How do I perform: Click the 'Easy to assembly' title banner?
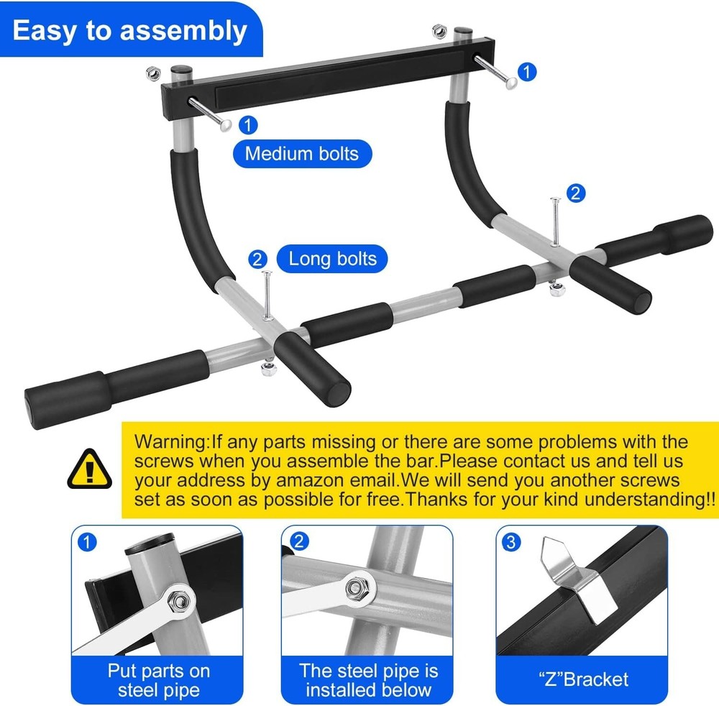tap(129, 31)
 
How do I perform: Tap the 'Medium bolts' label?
tap(301, 153)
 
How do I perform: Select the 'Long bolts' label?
tap(332, 259)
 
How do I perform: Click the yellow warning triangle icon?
tap(88, 468)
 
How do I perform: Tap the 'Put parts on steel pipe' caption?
tap(158, 681)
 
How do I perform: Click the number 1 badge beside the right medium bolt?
tap(527, 72)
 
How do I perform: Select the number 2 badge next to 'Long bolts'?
tap(258, 260)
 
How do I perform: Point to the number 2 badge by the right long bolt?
tap(575, 193)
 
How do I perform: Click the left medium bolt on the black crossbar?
tap(210, 114)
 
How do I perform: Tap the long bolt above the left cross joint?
tap(267, 295)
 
